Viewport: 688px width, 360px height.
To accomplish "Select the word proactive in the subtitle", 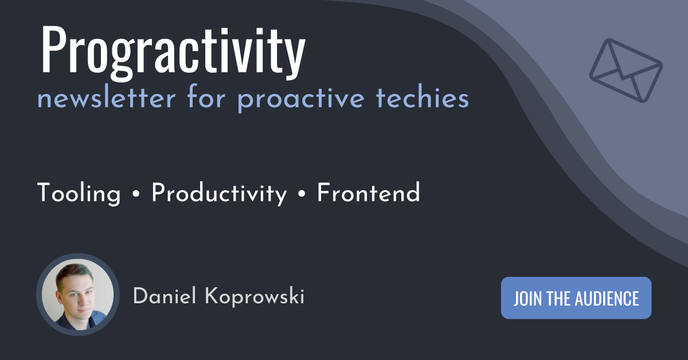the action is click(301, 100).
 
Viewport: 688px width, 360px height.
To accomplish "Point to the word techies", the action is click(423, 97).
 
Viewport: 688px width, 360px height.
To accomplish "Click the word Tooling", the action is click(79, 194).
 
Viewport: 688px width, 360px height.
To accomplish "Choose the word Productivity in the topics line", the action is click(219, 194).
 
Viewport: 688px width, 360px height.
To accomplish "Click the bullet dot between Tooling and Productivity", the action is click(136, 194).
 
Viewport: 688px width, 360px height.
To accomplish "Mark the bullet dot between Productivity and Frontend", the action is click(302, 194).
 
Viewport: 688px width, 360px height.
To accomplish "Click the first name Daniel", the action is click(165, 296).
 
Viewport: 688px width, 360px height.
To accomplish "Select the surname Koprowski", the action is click(255, 297).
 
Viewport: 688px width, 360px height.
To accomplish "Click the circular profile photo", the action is click(78, 294).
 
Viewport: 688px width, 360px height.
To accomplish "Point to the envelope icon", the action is click(626, 71).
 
